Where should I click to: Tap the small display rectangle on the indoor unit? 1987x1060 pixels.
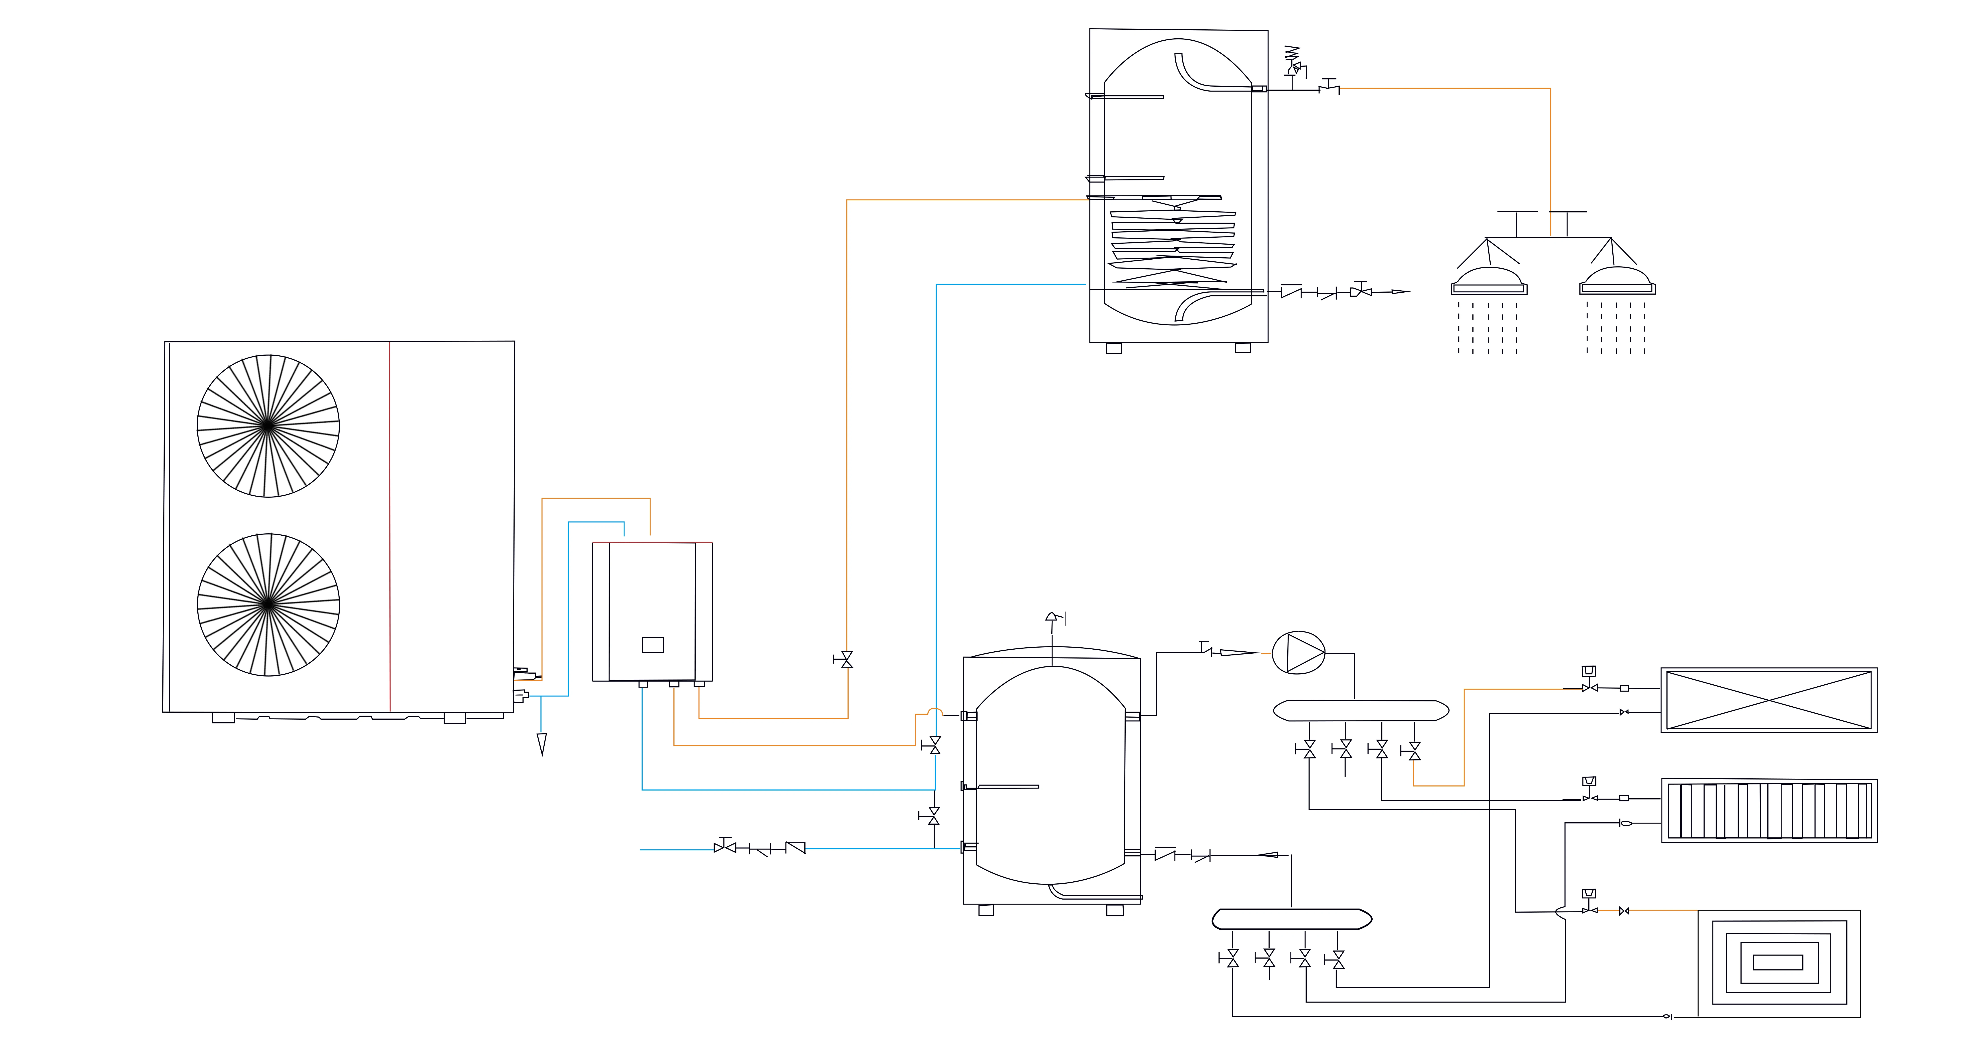(x=653, y=645)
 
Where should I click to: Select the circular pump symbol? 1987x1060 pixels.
(x=1298, y=653)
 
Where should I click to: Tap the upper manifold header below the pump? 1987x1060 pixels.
(x=1361, y=710)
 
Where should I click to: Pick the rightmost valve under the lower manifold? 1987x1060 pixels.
(x=1338, y=960)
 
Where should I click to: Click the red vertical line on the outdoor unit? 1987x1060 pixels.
(x=390, y=525)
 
